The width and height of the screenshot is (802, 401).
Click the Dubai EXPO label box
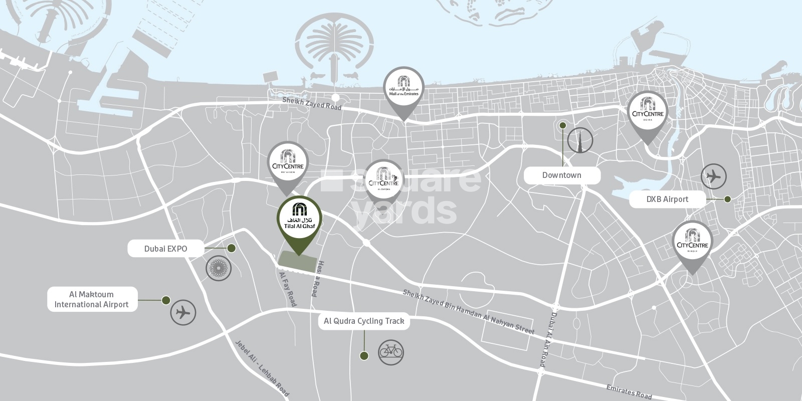pos(165,249)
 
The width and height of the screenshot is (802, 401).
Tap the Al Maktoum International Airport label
pos(92,299)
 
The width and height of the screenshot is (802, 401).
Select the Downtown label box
pos(561,175)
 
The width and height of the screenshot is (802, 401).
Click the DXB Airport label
pos(667,199)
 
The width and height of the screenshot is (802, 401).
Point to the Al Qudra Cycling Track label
pos(364,321)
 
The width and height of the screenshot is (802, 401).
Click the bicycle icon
pos(390,350)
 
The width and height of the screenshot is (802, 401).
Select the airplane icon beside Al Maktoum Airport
pos(183,313)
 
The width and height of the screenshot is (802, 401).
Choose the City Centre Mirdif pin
pos(692,243)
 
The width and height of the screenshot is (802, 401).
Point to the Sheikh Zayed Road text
pos(312,104)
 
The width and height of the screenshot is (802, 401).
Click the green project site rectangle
pos(298,261)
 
